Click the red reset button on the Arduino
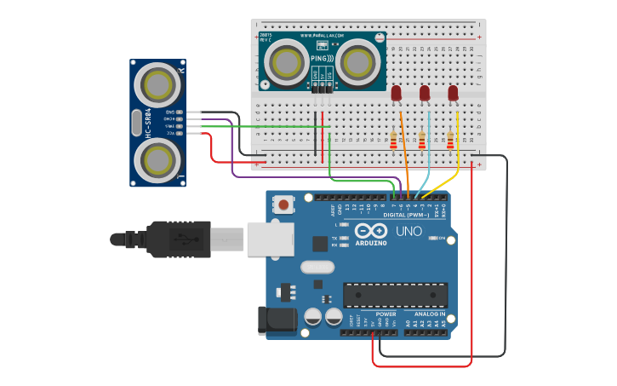(282, 205)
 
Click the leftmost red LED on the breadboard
(396, 92)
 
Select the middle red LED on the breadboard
(425, 92)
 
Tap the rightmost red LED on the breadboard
(453, 92)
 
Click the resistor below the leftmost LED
(393, 140)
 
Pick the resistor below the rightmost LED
(450, 140)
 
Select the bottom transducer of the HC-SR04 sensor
(158, 158)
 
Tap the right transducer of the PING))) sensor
(357, 61)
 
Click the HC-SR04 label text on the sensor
(148, 124)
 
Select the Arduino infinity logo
(371, 231)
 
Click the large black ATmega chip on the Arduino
(395, 295)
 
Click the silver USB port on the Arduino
(269, 239)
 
